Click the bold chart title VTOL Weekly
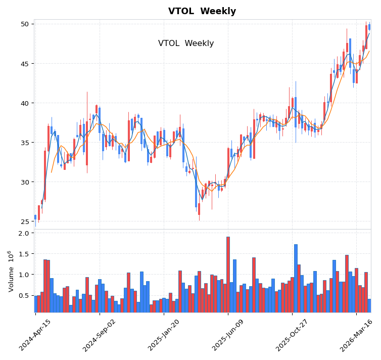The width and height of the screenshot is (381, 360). tap(202, 11)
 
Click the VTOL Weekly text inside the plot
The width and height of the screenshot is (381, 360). tap(186, 43)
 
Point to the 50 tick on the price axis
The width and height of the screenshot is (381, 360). tap(24, 24)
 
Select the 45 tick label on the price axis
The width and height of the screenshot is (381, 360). tap(24, 64)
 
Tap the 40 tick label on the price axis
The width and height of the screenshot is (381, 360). tap(24, 103)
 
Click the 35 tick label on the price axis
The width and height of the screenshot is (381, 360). tap(24, 143)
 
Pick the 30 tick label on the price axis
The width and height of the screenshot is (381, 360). tap(24, 182)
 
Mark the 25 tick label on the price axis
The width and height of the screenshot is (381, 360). tap(24, 221)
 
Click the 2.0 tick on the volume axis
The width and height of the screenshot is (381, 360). tap(23, 233)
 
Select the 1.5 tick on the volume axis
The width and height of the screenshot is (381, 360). tap(23, 254)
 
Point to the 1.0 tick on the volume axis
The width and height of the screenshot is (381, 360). tap(23, 275)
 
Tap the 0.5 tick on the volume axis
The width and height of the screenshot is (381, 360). tap(23, 295)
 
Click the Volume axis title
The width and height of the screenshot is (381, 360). tap(11, 271)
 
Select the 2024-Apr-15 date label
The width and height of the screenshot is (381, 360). tap(35, 335)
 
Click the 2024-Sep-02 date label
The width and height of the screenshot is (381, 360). tap(100, 335)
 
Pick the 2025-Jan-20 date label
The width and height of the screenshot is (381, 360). tap(164, 335)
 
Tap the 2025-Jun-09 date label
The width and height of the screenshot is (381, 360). tap(228, 335)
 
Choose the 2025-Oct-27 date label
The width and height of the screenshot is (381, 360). tap(292, 335)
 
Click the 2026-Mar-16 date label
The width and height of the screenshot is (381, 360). tap(356, 335)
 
